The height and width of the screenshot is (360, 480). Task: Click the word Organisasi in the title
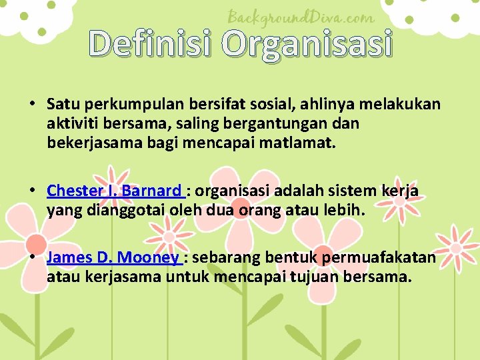tap(307, 44)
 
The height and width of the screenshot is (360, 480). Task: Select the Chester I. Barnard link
tap(114, 191)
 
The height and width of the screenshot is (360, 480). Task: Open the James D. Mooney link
tap(113, 258)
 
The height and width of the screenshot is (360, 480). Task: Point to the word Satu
tap(61, 104)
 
